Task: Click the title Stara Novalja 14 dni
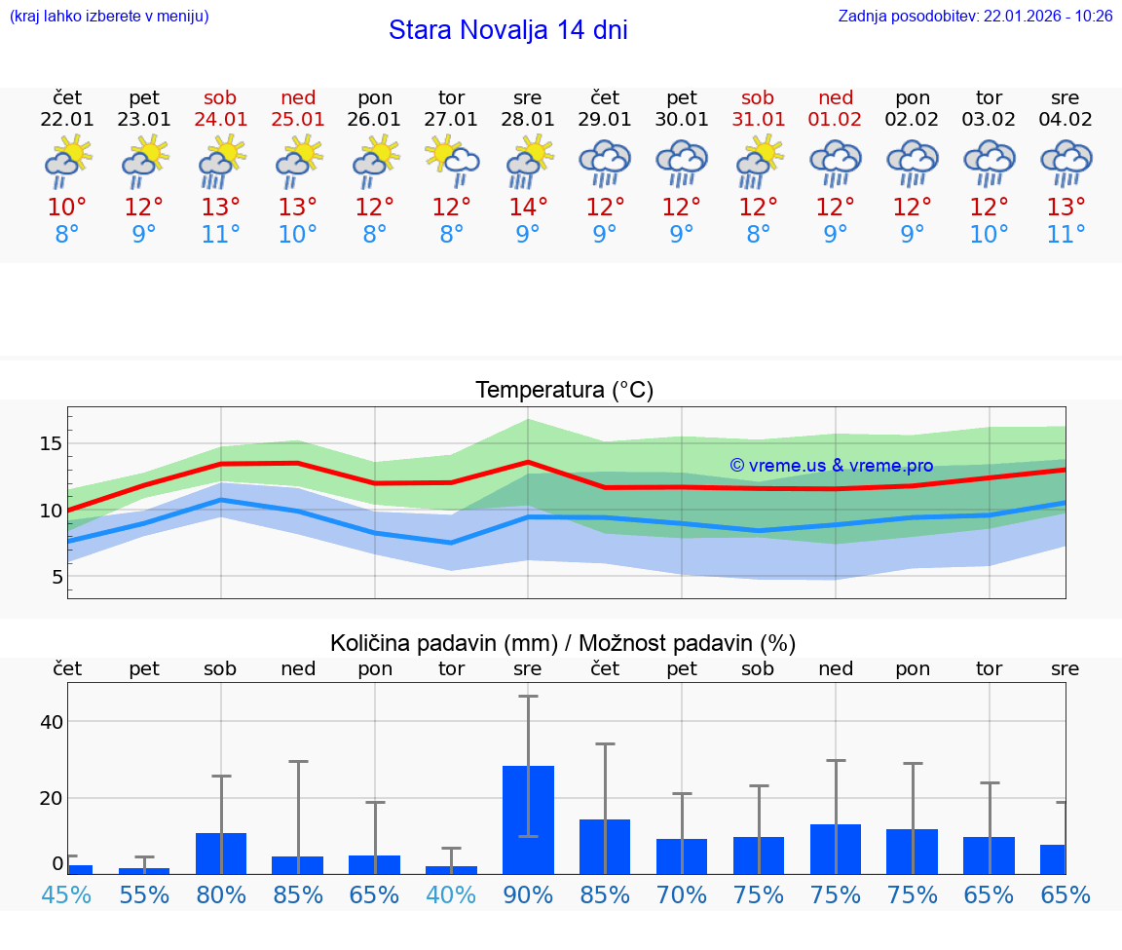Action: tap(507, 30)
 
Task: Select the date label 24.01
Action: tap(221, 119)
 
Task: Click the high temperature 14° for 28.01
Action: tap(528, 207)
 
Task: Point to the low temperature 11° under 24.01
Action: tap(221, 234)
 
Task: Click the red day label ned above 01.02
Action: tap(836, 97)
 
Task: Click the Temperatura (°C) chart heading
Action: tap(564, 391)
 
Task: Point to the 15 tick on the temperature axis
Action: tap(51, 443)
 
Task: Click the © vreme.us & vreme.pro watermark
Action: tap(832, 466)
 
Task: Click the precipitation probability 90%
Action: tap(528, 894)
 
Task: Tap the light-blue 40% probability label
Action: tap(451, 894)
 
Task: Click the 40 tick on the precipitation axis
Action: tap(51, 722)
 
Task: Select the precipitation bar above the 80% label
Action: tap(221, 853)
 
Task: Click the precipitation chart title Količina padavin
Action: tap(563, 643)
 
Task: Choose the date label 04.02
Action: tap(1066, 119)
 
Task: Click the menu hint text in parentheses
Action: tap(109, 16)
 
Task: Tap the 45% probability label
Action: tap(67, 894)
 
